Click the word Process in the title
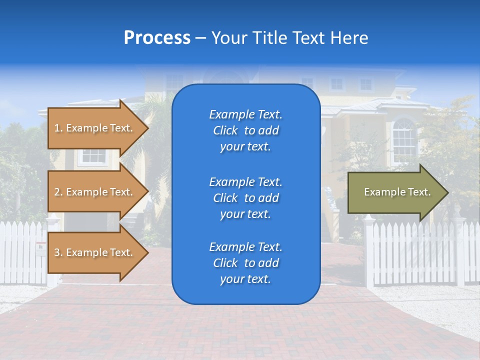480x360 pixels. (157, 38)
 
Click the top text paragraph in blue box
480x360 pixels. (245, 130)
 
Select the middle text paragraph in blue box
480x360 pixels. (245, 198)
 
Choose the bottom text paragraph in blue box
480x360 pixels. (245, 263)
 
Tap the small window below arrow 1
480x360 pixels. (92, 157)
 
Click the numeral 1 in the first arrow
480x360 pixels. (56, 128)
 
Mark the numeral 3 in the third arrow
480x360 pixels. (57, 252)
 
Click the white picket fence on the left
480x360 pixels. (22, 250)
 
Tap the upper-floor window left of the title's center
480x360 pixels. (174, 82)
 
